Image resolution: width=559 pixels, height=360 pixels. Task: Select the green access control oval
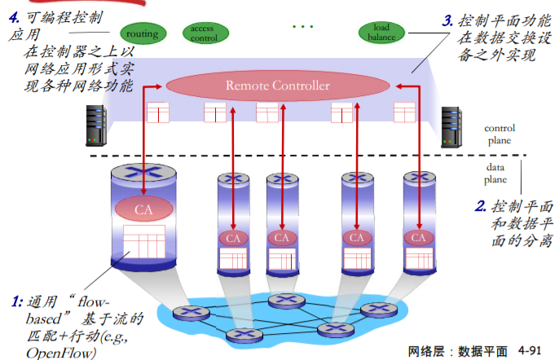click(x=202, y=33)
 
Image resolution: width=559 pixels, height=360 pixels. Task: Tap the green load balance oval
click(x=381, y=33)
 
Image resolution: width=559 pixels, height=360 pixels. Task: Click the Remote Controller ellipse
click(x=278, y=85)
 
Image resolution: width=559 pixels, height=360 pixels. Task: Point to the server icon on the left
click(x=95, y=126)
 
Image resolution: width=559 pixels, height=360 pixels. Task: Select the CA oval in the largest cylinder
click(x=143, y=209)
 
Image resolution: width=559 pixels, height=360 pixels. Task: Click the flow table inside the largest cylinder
click(x=144, y=244)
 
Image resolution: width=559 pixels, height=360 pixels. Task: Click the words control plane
click(x=499, y=134)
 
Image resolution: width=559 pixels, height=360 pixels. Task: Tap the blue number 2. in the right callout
click(x=481, y=206)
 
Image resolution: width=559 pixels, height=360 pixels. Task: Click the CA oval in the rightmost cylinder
click(x=418, y=238)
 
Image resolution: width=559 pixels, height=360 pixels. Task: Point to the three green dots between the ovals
click(x=302, y=27)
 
